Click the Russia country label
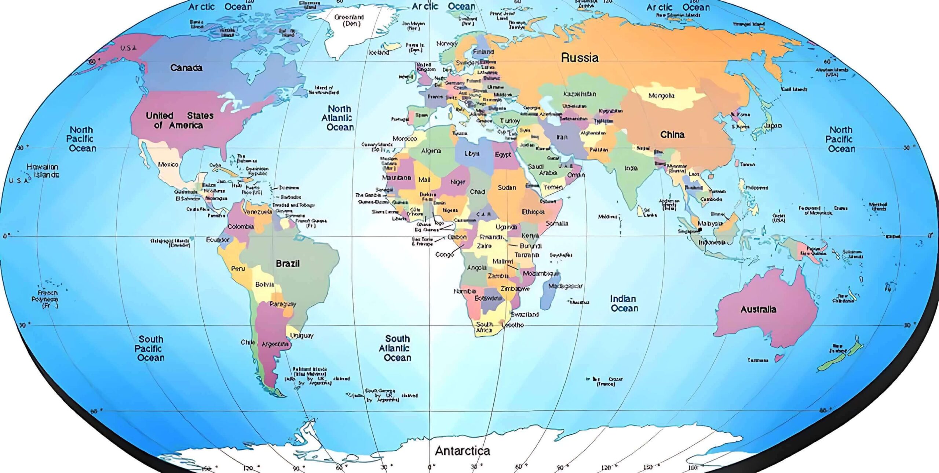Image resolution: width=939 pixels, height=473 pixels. pyautogui.click(x=580, y=58)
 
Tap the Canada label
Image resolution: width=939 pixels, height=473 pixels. pyautogui.click(x=186, y=68)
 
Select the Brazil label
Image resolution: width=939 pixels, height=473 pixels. pyautogui.click(x=288, y=263)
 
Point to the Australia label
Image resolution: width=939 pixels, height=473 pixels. pyautogui.click(x=758, y=309)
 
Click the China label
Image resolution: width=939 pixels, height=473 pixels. pyautogui.click(x=672, y=135)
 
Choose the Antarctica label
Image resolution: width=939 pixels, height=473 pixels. pyautogui.click(x=462, y=451)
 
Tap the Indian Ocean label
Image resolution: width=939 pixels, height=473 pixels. pyautogui.click(x=624, y=303)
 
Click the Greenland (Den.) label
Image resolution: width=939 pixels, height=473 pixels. pyautogui.click(x=349, y=20)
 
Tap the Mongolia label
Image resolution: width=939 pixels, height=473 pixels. pyautogui.click(x=661, y=96)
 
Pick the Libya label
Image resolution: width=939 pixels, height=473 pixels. pyautogui.click(x=472, y=154)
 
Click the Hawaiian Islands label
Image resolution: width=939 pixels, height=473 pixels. pyautogui.click(x=43, y=171)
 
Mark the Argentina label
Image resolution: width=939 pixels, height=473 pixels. pyautogui.click(x=275, y=344)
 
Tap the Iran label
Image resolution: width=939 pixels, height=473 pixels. pyautogui.click(x=562, y=137)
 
